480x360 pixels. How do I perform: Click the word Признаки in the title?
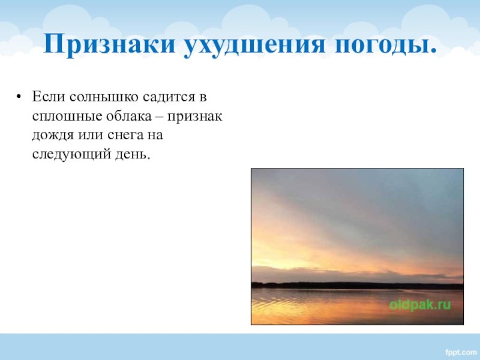109,44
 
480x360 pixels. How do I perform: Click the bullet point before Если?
19,97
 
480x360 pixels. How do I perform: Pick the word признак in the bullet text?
194,117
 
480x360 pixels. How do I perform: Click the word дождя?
53,136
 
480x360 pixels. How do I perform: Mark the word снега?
125,136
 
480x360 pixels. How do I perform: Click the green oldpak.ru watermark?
420,305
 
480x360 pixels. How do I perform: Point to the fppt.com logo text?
461,352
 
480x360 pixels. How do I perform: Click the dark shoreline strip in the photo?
357,286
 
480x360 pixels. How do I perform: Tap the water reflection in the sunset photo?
357,307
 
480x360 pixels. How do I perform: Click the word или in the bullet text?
91,136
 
